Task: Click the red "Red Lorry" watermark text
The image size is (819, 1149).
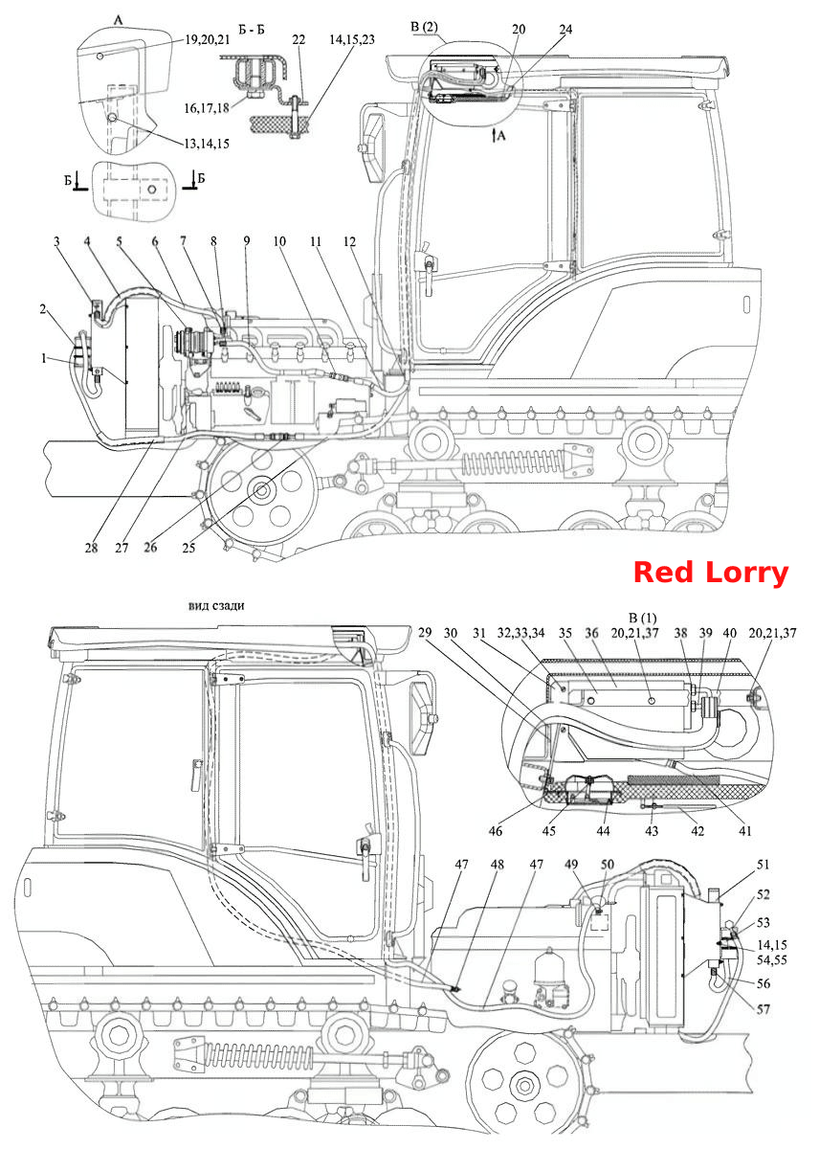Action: click(x=710, y=572)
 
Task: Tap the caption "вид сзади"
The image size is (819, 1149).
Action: click(x=216, y=606)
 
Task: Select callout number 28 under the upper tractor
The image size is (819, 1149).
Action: click(x=91, y=548)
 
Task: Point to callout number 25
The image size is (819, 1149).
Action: click(x=188, y=548)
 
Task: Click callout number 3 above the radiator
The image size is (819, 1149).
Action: click(x=56, y=241)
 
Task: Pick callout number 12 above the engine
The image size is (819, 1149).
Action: click(x=349, y=241)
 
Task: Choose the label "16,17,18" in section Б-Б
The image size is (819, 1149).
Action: click(x=207, y=108)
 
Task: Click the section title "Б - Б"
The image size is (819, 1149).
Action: click(x=252, y=30)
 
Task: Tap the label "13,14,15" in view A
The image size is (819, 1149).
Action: click(x=207, y=144)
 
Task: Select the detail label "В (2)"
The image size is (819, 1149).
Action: click(x=425, y=27)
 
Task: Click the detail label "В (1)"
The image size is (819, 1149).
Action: click(x=643, y=619)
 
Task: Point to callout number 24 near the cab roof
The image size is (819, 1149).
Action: click(x=565, y=30)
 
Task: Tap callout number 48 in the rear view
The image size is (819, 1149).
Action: click(x=497, y=865)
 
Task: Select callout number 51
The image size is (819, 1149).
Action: click(x=764, y=865)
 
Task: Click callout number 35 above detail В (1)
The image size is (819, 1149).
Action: click(x=564, y=633)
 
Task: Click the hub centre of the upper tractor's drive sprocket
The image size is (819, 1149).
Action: click(x=262, y=490)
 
